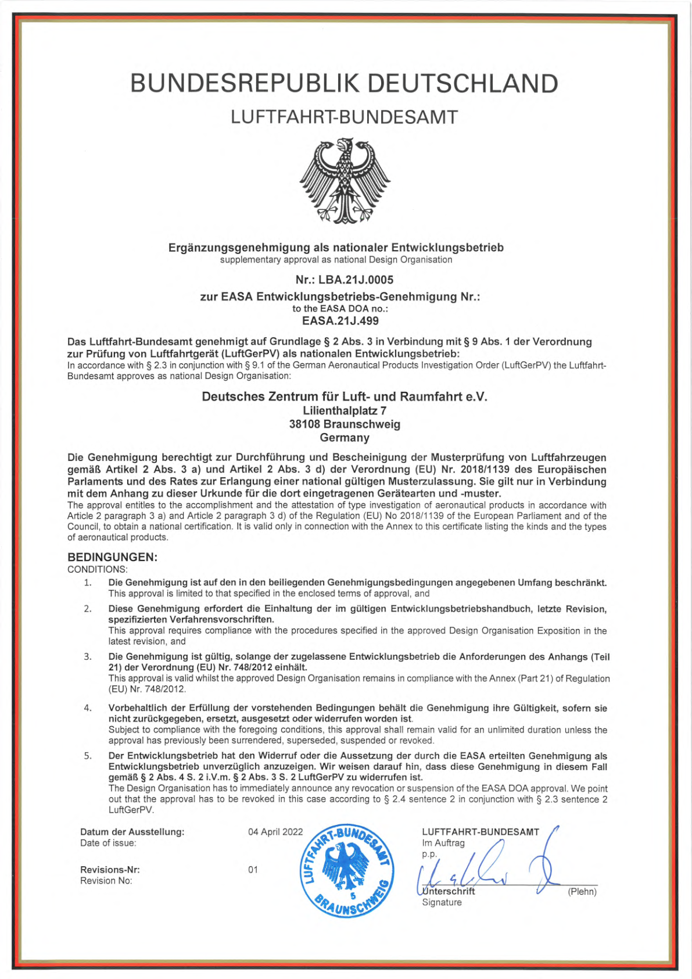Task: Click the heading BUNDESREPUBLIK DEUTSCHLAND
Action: (344, 84)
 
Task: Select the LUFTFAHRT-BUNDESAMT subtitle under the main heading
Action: (344, 117)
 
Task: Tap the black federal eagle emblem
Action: (345, 180)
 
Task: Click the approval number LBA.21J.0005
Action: (356, 280)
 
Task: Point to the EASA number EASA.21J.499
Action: (340, 321)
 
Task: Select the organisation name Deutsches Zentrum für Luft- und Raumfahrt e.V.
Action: (345, 396)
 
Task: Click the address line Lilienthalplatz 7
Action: (345, 411)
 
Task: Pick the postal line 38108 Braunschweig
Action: (345, 424)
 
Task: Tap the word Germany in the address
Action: (345, 438)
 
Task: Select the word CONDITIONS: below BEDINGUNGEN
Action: (98, 569)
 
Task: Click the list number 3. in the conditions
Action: (88, 656)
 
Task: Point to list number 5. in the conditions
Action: (88, 756)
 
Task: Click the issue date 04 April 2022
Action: (275, 832)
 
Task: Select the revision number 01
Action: (253, 870)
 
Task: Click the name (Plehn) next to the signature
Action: (582, 892)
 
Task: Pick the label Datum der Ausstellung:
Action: (132, 832)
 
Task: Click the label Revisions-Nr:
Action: (110, 870)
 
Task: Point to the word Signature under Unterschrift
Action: (442, 902)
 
